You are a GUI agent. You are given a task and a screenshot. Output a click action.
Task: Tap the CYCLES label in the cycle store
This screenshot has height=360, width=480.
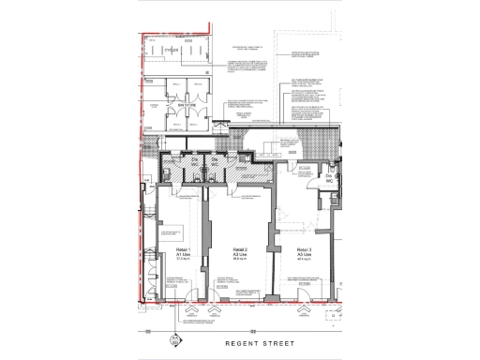click(x=171, y=50)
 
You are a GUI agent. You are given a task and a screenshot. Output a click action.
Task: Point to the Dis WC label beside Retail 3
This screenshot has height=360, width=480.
click(x=329, y=178)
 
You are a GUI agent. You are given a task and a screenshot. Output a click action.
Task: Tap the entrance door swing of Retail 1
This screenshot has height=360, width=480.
click(x=192, y=306)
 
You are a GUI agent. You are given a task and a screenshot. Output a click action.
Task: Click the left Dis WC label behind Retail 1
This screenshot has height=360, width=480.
click(x=196, y=163)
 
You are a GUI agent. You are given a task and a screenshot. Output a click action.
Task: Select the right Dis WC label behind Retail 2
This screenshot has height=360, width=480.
click(x=215, y=163)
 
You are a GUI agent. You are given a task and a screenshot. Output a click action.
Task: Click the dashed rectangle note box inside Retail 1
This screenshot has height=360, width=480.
click(x=172, y=232)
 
